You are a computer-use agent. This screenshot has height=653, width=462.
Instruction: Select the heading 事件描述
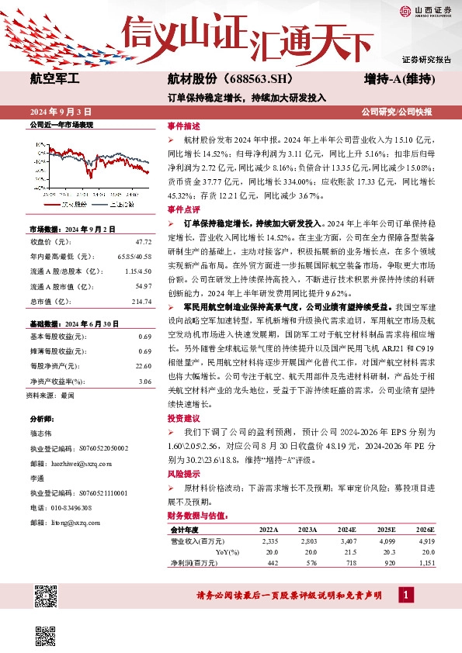coord(183,126)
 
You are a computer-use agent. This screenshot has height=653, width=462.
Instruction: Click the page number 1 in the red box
coord(405,595)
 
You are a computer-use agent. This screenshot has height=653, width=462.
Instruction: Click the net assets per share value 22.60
coord(143,365)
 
